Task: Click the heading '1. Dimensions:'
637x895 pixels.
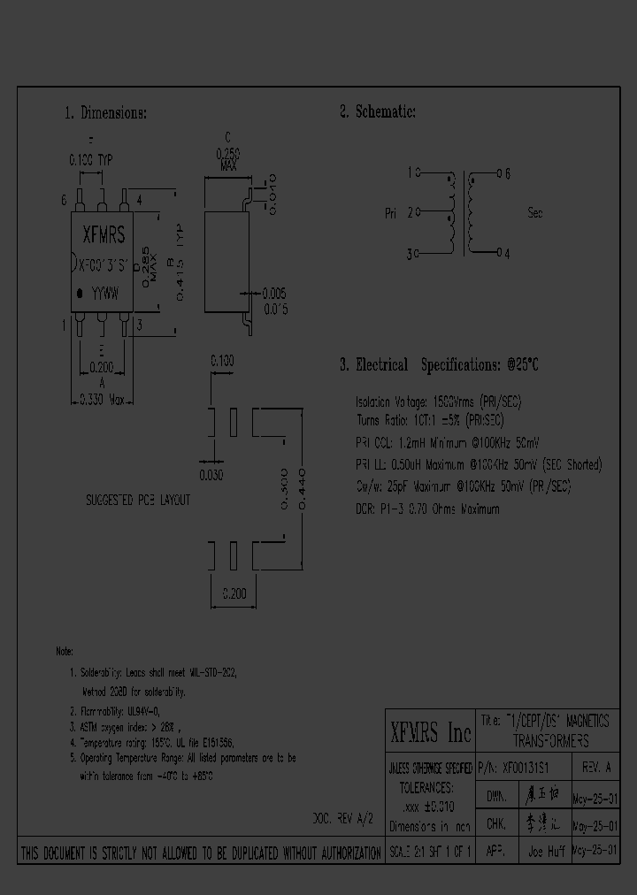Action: click(x=105, y=113)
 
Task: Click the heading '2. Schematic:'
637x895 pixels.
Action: click(x=377, y=112)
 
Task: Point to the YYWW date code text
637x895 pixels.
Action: click(x=106, y=291)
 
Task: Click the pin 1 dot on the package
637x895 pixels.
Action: click(x=81, y=292)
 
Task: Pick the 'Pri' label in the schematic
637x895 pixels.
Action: click(x=391, y=213)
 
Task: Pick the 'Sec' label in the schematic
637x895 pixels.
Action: click(x=534, y=213)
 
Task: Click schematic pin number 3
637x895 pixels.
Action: click(x=411, y=254)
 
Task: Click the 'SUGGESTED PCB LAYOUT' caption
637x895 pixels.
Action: click(x=137, y=501)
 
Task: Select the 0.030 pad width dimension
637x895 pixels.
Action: click(x=211, y=475)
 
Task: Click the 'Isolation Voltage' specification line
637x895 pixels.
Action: click(x=438, y=402)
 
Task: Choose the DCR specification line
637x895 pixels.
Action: click(x=427, y=509)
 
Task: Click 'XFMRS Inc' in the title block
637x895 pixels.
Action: click(x=431, y=732)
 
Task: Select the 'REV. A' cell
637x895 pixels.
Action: click(x=596, y=767)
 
